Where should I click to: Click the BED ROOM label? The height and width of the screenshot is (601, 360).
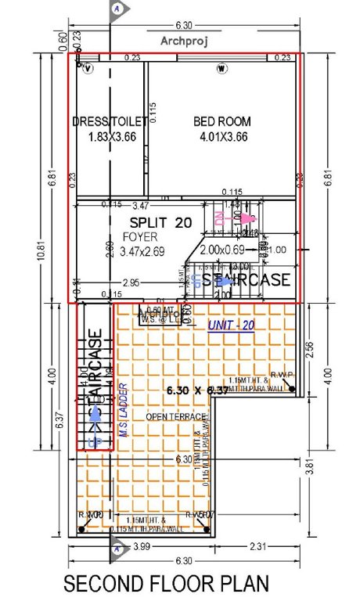(221, 121)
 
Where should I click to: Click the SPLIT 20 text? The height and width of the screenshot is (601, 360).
(160, 222)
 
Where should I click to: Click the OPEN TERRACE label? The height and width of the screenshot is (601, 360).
(175, 417)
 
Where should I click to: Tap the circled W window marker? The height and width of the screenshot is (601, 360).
(221, 69)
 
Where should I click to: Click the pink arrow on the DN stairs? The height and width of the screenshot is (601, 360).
(248, 218)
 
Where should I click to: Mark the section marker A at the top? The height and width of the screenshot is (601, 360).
(117, 8)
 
